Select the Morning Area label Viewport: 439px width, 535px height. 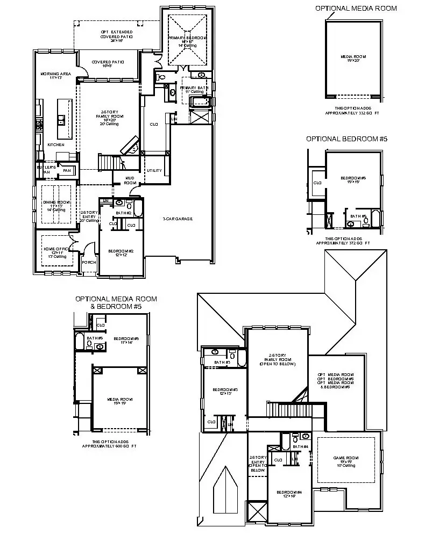pos(53,75)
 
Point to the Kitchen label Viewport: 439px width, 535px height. pos(55,144)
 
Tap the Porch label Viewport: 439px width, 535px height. pos(88,263)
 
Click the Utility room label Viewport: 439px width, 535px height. pos(154,170)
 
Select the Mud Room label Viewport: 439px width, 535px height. pos(130,181)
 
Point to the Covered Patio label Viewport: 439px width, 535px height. pos(108,63)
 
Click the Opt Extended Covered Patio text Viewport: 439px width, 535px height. pos(116,35)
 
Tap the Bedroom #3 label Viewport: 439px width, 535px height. pos(222,391)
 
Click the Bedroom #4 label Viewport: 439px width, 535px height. pos(286,494)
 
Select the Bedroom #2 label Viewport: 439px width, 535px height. pos(117,252)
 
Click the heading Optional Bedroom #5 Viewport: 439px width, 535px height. pos(346,139)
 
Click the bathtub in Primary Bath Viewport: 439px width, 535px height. pos(201,102)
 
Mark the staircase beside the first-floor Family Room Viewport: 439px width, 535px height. pos(109,161)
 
